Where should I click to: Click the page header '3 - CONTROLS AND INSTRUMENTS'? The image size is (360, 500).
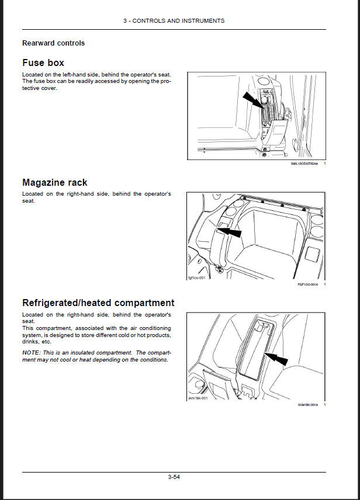pos(174,20)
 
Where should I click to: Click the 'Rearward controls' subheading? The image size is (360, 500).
pos(53,43)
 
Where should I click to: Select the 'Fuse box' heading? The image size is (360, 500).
pos(43,62)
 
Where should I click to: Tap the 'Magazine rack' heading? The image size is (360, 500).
pos(55,182)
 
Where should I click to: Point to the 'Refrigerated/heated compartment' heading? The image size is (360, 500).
pos(98,303)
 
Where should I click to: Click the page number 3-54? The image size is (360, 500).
pos(174,478)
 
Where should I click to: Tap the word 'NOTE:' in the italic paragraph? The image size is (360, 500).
pos(32,353)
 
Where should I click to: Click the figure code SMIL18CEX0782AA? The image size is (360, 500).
pos(304,165)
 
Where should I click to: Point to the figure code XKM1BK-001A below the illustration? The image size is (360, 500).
pos(307,405)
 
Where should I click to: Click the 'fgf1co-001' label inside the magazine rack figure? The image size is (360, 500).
pos(196,277)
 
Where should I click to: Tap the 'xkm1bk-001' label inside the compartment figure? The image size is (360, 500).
pos(197,398)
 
